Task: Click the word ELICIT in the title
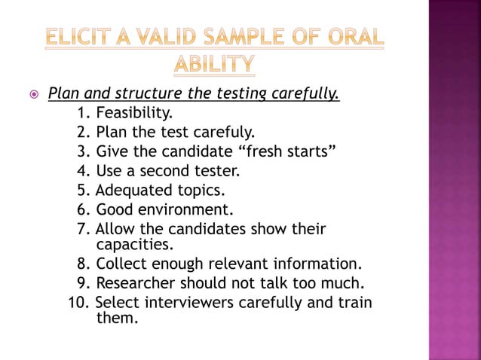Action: pos(78,38)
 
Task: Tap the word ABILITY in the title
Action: pos(214,66)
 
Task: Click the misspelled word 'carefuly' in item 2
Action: pos(228,133)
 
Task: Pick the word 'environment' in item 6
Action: pos(187,209)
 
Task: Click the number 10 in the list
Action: pos(77,303)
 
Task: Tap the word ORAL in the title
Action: pos(355,38)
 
